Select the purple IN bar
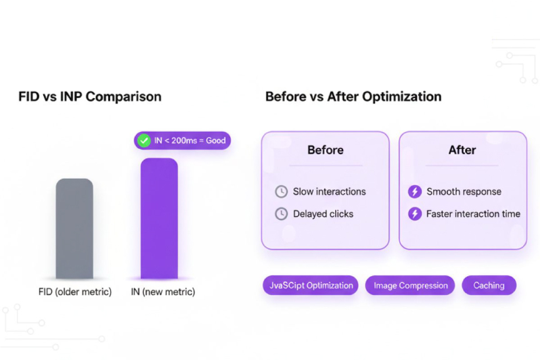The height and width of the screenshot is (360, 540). [159, 219]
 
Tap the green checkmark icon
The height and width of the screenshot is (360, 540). [144, 141]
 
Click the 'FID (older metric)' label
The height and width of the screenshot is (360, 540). [75, 292]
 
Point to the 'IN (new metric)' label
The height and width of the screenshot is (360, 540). [162, 292]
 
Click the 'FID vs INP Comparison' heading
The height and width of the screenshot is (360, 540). [90, 97]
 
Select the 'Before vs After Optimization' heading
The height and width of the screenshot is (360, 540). [353, 97]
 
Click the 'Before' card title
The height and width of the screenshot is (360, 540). [325, 150]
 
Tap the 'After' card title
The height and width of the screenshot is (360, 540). [462, 150]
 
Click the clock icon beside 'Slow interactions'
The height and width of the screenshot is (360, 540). [281, 192]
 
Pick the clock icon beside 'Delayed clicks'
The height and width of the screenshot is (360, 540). [281, 214]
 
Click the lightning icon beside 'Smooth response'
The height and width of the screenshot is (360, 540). [414, 192]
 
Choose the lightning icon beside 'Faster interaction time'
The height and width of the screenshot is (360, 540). [414, 214]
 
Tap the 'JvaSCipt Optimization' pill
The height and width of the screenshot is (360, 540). [311, 286]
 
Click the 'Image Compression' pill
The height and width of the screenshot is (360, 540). [411, 286]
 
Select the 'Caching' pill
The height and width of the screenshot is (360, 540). [489, 286]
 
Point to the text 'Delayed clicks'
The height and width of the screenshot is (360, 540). [323, 214]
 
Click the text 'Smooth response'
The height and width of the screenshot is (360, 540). [464, 192]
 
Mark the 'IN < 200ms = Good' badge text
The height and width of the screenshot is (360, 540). [190, 141]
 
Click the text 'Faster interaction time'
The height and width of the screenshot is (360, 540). [473, 214]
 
